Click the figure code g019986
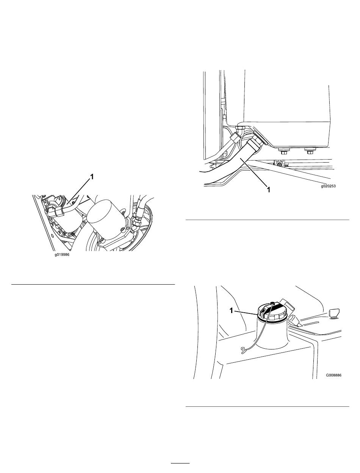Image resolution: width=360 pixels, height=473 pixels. coord(62,255)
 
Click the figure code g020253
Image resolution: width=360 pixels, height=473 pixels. coord(328,186)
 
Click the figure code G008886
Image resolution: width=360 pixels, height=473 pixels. coord(333,375)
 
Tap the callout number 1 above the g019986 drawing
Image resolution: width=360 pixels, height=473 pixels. coord(92,177)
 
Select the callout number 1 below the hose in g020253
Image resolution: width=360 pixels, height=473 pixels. coord(268,190)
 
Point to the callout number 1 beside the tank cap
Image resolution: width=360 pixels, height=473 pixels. coord(232,310)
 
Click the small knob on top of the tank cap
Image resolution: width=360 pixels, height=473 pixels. coord(272,304)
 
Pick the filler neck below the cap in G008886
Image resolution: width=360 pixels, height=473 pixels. coord(272,333)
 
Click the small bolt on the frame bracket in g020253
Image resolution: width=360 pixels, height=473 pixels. coord(280,165)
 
